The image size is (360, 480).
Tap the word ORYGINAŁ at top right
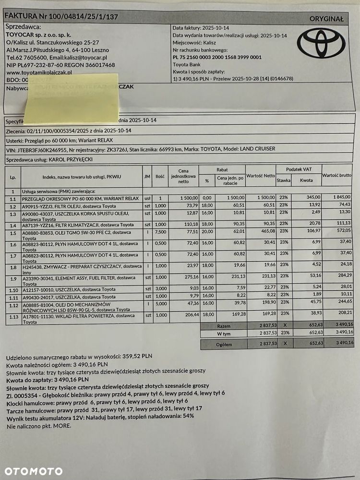click(327, 19)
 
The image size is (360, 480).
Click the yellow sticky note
click(72, 99)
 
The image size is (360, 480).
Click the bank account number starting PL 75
click(217, 57)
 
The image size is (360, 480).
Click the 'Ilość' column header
click(160, 177)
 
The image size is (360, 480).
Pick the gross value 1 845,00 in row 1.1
click(342, 198)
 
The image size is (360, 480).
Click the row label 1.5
click(13, 233)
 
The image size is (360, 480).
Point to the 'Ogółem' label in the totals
click(224, 344)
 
